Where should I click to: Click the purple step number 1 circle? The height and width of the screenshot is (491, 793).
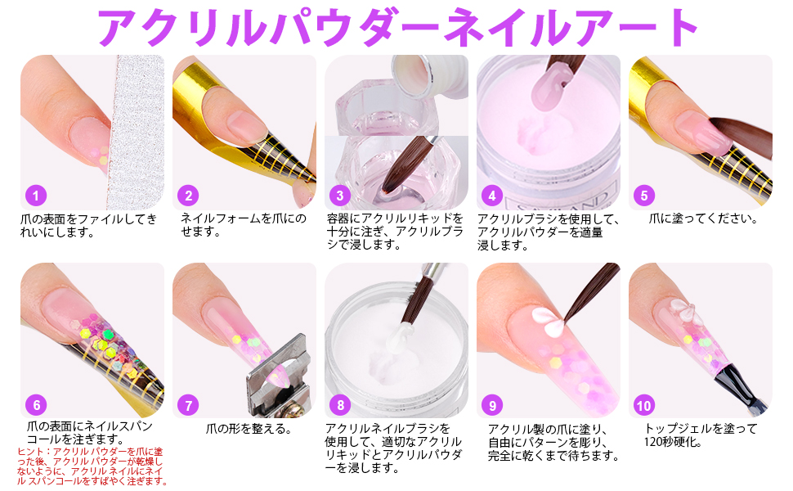(35, 196)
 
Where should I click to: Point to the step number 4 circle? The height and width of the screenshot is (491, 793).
(491, 196)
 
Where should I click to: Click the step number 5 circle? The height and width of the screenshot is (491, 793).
(644, 196)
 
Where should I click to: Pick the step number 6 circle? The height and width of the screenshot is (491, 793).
(35, 405)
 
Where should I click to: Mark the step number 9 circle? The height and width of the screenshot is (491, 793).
(491, 405)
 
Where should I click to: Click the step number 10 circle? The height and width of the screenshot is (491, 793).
(644, 405)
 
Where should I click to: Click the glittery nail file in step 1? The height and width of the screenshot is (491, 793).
(135, 131)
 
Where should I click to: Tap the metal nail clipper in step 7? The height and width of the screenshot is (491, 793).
(278, 372)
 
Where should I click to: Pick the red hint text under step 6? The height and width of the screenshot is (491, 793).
(92, 466)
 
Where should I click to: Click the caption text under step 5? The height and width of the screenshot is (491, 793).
(702, 218)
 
